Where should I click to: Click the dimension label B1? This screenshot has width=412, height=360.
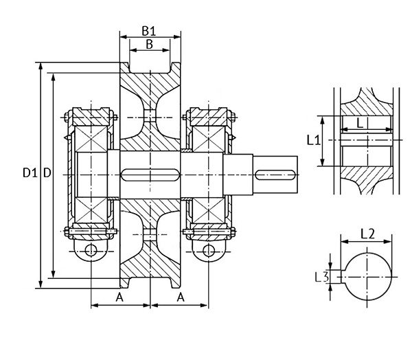click(149, 30)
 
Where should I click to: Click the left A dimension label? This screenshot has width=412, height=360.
click(119, 297)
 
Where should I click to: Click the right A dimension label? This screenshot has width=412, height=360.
click(181, 297)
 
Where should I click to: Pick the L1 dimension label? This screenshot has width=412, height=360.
click(312, 140)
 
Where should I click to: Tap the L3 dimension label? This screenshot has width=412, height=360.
click(319, 277)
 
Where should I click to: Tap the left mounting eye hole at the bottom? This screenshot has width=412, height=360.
click(89, 249)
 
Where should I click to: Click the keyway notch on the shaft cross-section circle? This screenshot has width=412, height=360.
click(339, 276)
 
